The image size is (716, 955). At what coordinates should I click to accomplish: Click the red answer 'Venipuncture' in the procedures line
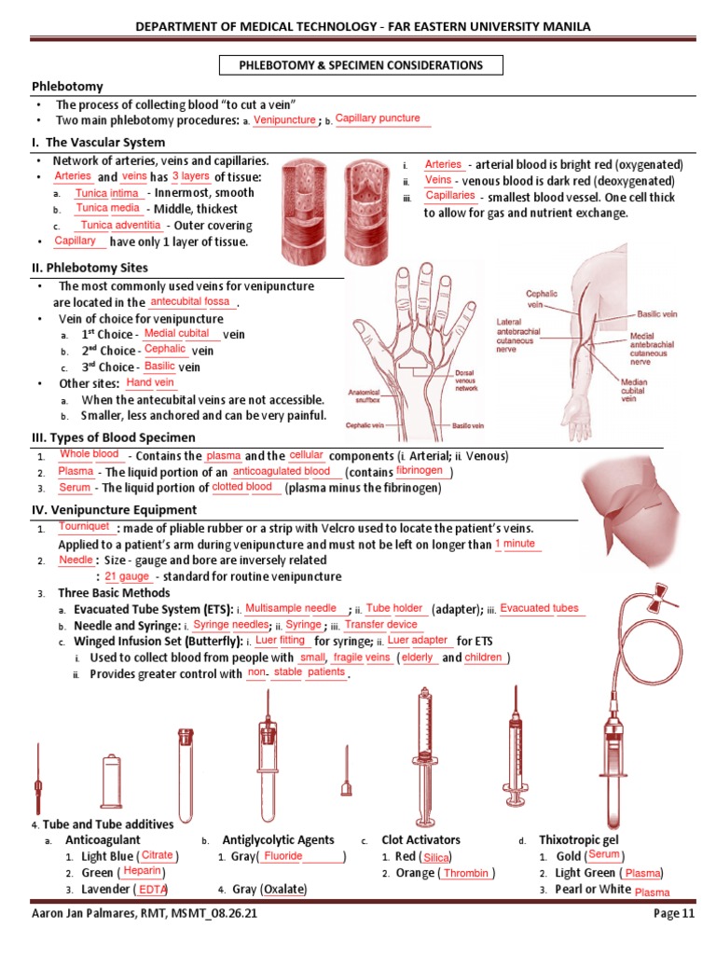pyautogui.click(x=284, y=121)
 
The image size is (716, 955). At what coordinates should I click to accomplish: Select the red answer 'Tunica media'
pyautogui.click(x=107, y=208)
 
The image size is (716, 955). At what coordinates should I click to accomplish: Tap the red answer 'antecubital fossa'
pyautogui.click(x=189, y=301)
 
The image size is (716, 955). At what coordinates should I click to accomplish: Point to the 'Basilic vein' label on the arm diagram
pyautogui.click(x=657, y=315)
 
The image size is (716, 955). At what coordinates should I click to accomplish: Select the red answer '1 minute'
pyautogui.click(x=515, y=544)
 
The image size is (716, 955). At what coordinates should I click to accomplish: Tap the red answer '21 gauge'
pyautogui.click(x=128, y=576)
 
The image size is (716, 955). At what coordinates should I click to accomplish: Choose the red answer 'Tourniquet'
pyautogui.click(x=85, y=527)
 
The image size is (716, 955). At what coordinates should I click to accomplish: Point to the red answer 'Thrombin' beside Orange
pyautogui.click(x=465, y=873)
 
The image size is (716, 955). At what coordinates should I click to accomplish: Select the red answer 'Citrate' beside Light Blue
pyautogui.click(x=157, y=855)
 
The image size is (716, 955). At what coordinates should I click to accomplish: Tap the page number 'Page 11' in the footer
pyautogui.click(x=673, y=915)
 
